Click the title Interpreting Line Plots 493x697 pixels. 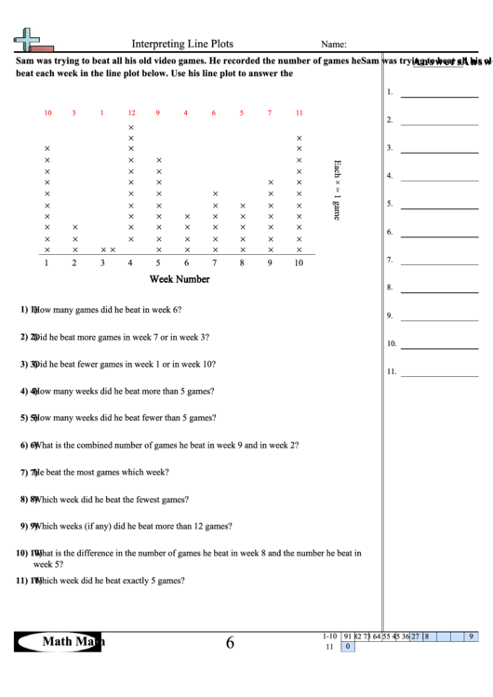(182, 43)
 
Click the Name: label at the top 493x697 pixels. (334, 44)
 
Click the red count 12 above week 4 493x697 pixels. (131, 114)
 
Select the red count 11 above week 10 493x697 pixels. (299, 114)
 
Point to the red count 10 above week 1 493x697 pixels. (47, 114)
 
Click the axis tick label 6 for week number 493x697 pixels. (186, 263)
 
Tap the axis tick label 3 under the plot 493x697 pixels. (103, 263)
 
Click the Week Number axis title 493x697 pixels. (180, 279)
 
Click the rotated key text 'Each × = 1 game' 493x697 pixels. (337, 190)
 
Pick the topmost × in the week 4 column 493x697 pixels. (131, 127)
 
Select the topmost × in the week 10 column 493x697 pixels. (299, 138)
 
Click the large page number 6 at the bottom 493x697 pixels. (229, 642)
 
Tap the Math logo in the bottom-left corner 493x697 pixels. (60, 641)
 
